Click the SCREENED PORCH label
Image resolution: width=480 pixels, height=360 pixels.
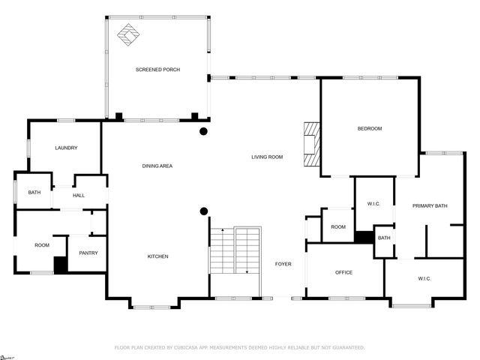[x=157, y=70]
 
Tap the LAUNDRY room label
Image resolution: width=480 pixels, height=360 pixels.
[x=66, y=148]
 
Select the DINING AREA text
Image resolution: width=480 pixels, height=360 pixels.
[x=157, y=166]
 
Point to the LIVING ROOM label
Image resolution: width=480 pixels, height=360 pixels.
[x=266, y=157]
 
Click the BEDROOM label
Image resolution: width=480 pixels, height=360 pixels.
[x=369, y=129]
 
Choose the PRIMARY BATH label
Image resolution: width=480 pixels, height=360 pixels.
[x=430, y=205]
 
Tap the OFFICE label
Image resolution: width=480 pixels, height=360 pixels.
[x=343, y=272]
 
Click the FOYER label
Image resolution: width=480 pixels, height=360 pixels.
[x=283, y=264]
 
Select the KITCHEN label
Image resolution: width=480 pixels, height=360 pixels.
[x=157, y=257]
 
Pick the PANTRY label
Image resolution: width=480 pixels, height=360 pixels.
[x=88, y=253]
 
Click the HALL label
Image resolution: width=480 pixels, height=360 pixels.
[x=79, y=196]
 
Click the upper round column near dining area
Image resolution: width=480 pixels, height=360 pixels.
[x=203, y=132]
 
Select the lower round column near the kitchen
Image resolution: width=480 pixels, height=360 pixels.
[x=203, y=211]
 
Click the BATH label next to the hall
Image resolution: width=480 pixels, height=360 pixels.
[x=34, y=193]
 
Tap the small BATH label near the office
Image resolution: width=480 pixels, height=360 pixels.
[x=384, y=238]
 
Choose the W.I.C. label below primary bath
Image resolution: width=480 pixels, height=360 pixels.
[x=424, y=280]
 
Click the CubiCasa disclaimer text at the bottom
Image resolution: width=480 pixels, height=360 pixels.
[x=239, y=348]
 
